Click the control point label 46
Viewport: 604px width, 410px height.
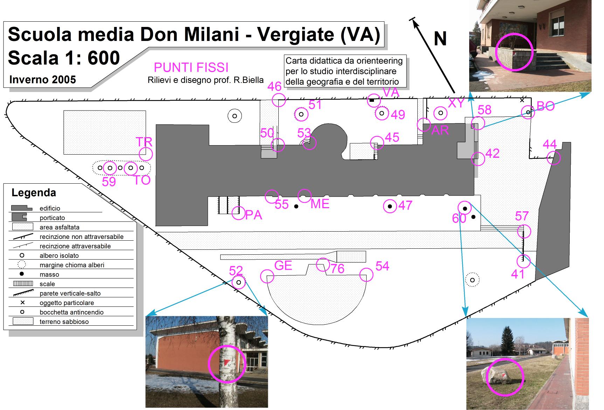coord(275,86)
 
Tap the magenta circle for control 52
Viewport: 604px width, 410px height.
coord(238,282)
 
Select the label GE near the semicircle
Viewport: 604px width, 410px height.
coord(283,266)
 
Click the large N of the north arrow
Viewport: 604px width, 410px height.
coord(440,39)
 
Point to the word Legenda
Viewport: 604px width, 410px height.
coord(34,193)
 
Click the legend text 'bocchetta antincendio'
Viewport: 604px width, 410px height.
coord(71,312)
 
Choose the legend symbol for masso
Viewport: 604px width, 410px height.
coord(22,274)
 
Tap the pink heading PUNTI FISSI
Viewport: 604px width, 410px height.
coord(191,67)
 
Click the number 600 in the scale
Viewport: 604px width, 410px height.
coord(104,58)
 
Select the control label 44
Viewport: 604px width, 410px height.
coord(550,144)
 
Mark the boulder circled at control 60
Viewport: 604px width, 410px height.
coord(465,208)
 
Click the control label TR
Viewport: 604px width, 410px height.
coord(144,142)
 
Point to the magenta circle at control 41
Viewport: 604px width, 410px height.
coord(523,261)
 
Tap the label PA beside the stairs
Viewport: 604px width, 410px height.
coord(254,215)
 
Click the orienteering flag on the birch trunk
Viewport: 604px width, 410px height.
coord(227,362)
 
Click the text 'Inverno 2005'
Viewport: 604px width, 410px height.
coord(43,80)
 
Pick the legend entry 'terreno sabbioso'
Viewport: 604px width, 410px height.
coord(64,322)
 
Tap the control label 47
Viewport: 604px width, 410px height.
coord(405,205)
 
